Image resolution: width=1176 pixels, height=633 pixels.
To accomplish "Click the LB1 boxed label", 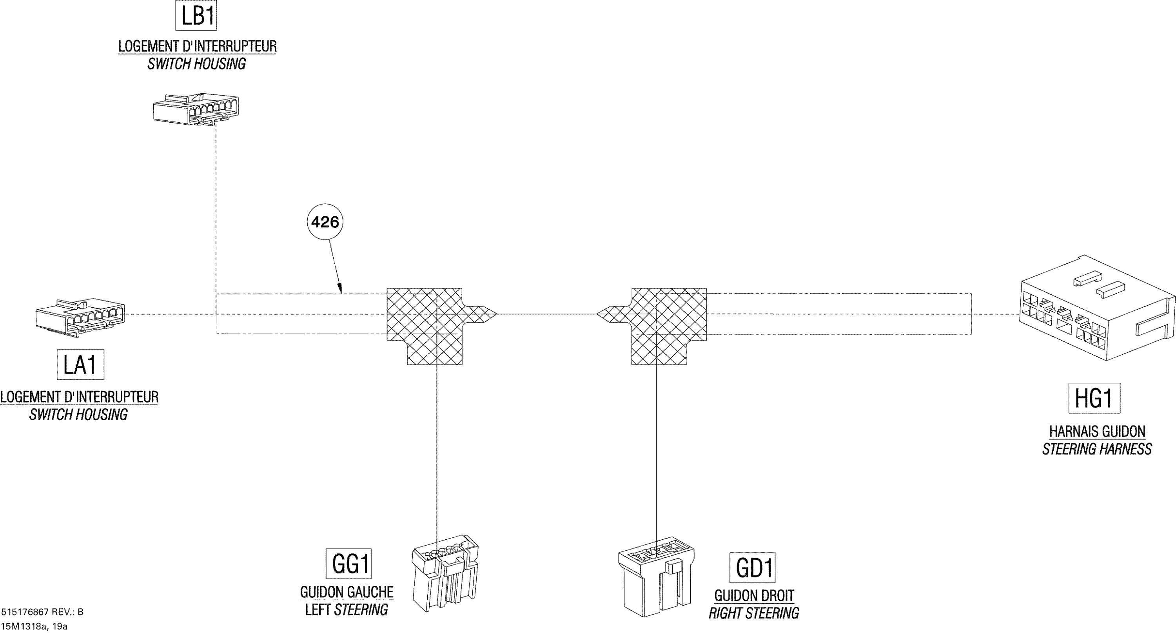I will (196, 16).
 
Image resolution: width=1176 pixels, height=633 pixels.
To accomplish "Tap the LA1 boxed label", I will (80, 365).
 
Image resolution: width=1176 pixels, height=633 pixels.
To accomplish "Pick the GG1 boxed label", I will (348, 564).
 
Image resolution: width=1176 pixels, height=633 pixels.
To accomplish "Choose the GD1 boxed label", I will (752, 568).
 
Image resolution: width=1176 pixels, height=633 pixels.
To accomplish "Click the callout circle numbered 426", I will (325, 222).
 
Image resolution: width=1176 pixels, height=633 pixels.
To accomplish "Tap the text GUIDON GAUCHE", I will (347, 592).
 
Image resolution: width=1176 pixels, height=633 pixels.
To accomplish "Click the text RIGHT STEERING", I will (754, 613).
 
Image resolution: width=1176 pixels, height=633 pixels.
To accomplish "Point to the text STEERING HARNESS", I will (1096, 450).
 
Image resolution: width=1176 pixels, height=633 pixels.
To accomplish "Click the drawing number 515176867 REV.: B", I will (42, 612).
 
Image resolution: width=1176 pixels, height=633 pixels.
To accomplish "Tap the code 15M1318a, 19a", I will (34, 626).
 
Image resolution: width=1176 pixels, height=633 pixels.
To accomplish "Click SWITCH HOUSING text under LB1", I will (196, 64).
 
